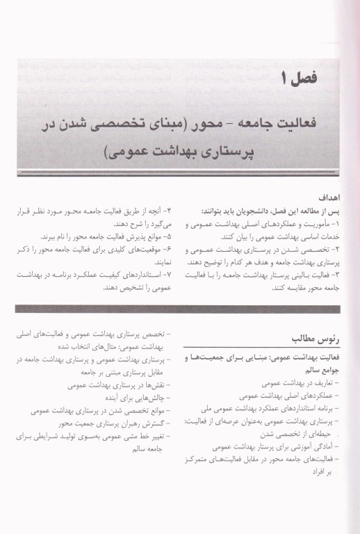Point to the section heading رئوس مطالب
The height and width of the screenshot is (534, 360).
[306, 338]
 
